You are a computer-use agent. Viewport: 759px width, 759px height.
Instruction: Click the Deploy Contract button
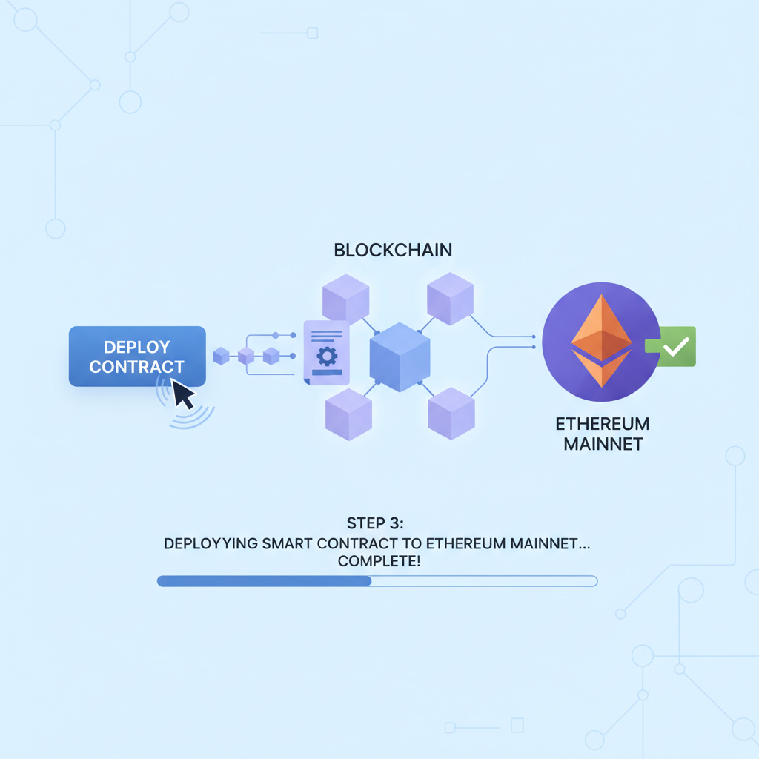pyautogui.click(x=136, y=356)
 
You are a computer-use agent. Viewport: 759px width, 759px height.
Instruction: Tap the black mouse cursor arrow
pyautogui.click(x=182, y=394)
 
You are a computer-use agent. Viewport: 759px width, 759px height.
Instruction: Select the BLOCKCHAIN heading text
pyautogui.click(x=393, y=250)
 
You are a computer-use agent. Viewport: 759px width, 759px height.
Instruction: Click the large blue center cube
pyautogui.click(x=400, y=357)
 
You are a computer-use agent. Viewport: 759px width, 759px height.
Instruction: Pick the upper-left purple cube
pyautogui.click(x=345, y=298)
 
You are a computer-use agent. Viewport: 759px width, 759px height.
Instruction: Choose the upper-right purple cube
pyautogui.click(x=450, y=298)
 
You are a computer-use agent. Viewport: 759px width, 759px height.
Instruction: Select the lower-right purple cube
pyautogui.click(x=451, y=412)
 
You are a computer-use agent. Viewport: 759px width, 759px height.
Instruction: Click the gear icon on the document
pyautogui.click(x=327, y=356)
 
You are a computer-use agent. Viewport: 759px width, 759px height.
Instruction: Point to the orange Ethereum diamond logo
pyautogui.click(x=601, y=341)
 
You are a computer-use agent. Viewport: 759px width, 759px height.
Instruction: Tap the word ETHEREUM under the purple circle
pyautogui.click(x=602, y=425)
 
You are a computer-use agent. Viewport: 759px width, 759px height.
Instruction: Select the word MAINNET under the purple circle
pyautogui.click(x=602, y=445)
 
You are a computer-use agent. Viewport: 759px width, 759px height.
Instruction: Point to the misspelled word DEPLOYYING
pyautogui.click(x=211, y=543)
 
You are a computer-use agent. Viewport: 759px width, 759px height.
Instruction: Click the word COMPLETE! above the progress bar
pyautogui.click(x=379, y=562)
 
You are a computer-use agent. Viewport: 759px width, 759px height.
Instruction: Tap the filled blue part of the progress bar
pyautogui.click(x=264, y=581)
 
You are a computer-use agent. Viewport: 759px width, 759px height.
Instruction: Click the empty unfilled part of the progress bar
pyautogui.click(x=483, y=581)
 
